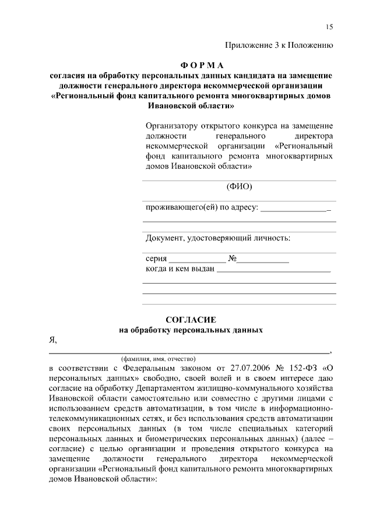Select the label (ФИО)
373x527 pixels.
(x=239, y=187)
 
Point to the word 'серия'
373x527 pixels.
(x=156, y=259)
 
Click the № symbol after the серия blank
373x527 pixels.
(x=231, y=259)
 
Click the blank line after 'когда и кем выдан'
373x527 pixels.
(x=274, y=269)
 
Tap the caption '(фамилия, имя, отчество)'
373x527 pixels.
(x=158, y=359)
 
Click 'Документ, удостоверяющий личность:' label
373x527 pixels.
(x=217, y=238)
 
